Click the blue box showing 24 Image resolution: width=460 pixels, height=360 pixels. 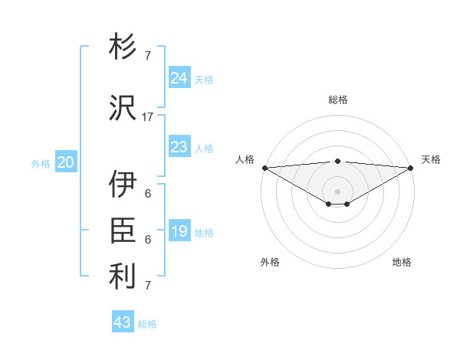179,78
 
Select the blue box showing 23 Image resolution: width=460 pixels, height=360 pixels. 179,147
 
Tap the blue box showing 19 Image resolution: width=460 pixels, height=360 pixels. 179,231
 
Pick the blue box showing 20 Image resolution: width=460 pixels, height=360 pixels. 66,162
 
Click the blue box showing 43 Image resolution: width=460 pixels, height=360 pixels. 123,322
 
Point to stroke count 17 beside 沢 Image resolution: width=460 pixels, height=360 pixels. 148,116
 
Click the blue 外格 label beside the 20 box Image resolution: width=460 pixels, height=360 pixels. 41,163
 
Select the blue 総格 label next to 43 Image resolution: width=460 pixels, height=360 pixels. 147,323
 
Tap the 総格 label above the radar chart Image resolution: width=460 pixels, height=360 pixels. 337,100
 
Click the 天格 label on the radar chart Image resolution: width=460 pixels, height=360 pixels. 431,159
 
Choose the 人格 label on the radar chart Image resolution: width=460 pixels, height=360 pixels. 245,159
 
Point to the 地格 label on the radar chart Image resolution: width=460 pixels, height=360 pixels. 402,262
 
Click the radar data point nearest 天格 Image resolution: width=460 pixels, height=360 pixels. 411,168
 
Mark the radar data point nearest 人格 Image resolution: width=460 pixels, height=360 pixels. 264,168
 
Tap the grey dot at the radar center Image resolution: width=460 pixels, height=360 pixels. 337,190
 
